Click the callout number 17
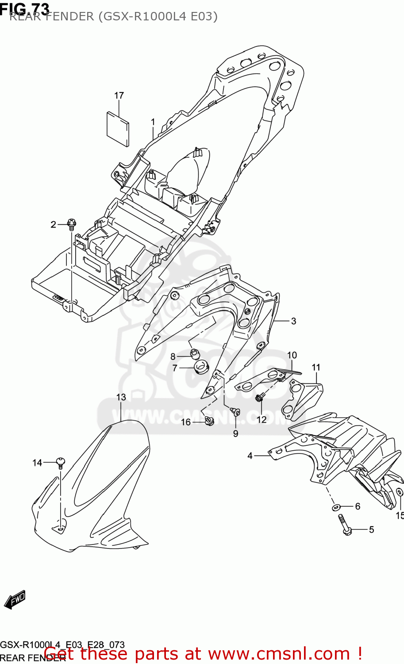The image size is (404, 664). coord(119,95)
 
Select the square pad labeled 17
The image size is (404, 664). coord(118,128)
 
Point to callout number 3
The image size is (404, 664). coord(293,321)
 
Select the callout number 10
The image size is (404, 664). coord(292,355)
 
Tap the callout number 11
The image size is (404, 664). coord(316,367)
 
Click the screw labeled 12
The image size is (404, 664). coord(260,398)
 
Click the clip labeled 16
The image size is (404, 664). coord(209,421)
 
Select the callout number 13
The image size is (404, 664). coord(121,397)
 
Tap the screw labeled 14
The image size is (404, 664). coord(61,463)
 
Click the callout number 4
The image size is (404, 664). coord(250,456)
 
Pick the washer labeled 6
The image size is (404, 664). coord(336,506)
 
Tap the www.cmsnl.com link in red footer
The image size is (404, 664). coord(279,653)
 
